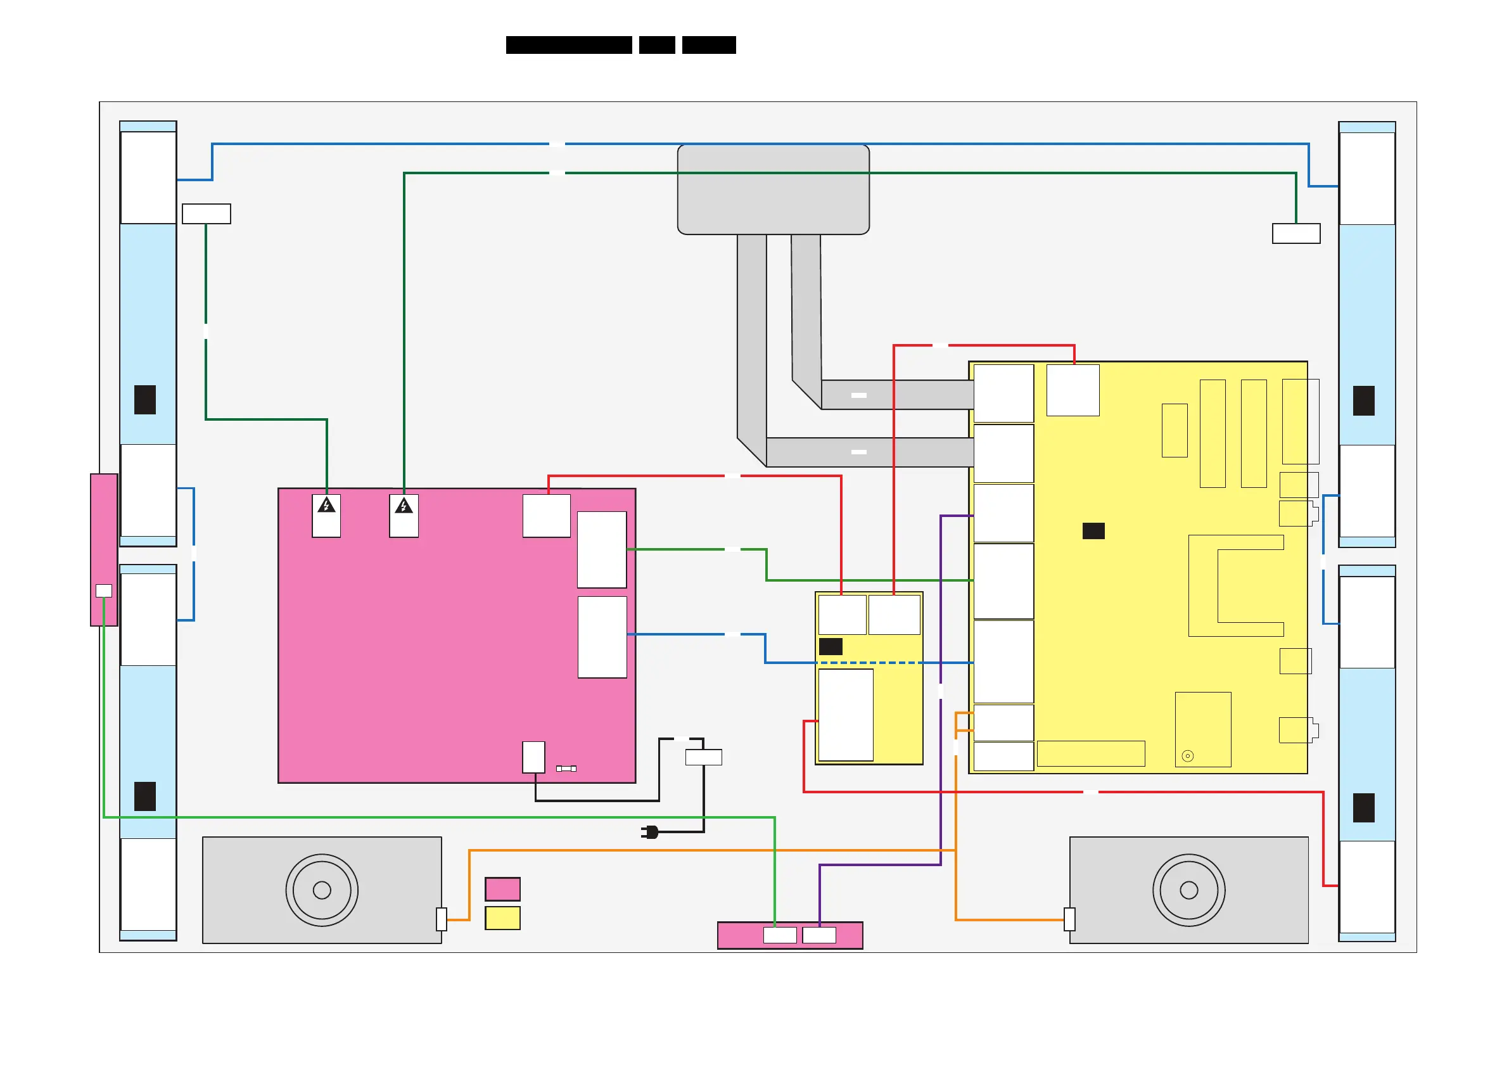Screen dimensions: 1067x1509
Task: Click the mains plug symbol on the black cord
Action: (651, 833)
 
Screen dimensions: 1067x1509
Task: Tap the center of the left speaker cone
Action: (322, 890)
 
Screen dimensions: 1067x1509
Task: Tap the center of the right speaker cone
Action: (1189, 890)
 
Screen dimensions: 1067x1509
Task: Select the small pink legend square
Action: (503, 889)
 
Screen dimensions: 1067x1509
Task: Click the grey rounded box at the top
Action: (774, 189)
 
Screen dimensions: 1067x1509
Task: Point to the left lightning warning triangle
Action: (327, 506)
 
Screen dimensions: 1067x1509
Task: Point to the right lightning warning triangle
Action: (404, 506)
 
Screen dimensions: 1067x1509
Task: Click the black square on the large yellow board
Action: (1093, 530)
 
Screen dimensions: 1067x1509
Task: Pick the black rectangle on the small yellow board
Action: (831, 646)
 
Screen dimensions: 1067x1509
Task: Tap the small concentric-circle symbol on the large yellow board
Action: (1188, 756)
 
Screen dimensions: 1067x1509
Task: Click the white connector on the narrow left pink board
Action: (104, 591)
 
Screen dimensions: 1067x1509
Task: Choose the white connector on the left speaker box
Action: (442, 919)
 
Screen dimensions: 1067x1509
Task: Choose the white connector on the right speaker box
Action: (1070, 919)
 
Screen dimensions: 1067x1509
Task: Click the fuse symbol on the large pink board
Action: (566, 769)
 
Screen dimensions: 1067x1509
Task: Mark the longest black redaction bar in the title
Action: (569, 45)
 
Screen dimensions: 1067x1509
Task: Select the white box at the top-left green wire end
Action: (207, 214)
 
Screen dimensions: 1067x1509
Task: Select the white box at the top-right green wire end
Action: (1296, 233)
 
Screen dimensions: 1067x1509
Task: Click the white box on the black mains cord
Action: (704, 757)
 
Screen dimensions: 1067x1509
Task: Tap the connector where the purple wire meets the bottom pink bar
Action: (820, 935)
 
